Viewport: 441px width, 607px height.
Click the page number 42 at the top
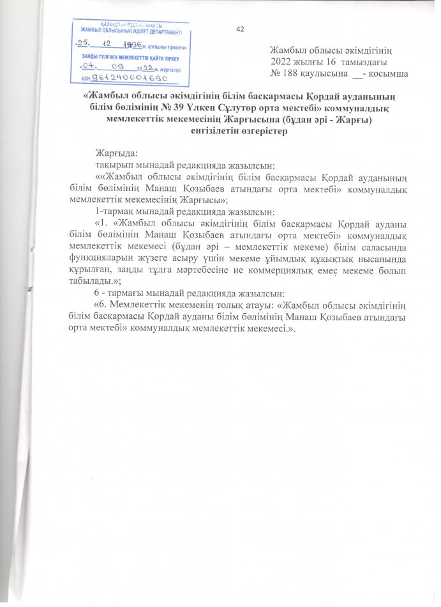coord(240,29)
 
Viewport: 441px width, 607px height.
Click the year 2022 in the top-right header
coord(283,62)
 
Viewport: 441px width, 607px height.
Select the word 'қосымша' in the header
coord(389,73)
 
